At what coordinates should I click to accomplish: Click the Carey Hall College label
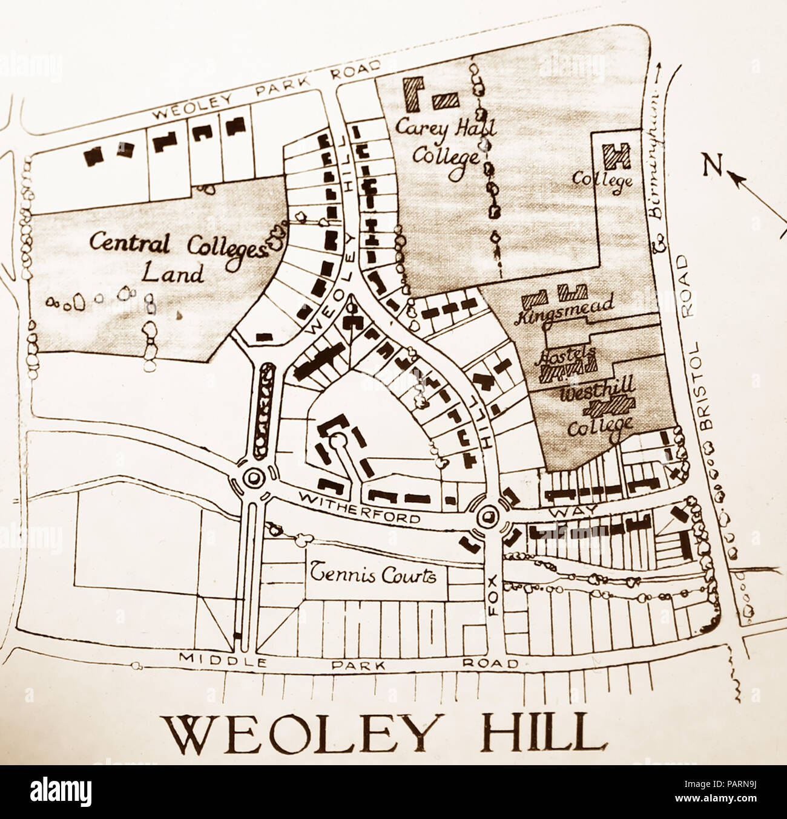(446, 142)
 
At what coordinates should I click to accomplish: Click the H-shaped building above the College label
(618, 157)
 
